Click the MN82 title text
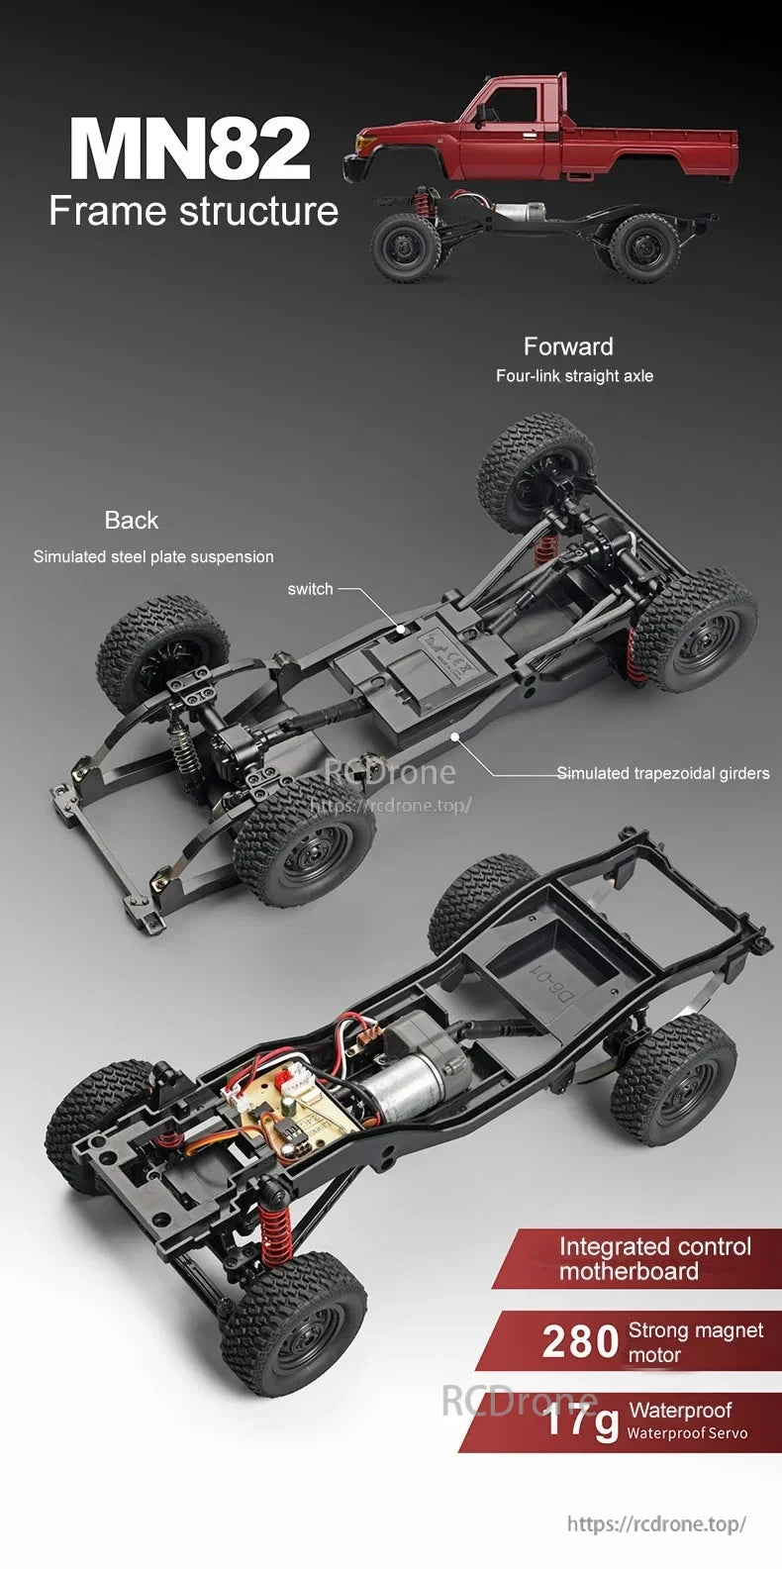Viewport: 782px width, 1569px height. pyautogui.click(x=190, y=148)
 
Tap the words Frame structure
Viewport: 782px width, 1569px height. pyautogui.click(x=194, y=211)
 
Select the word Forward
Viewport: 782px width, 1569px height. pyautogui.click(x=568, y=346)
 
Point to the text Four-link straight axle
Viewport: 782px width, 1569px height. pyautogui.click(x=574, y=376)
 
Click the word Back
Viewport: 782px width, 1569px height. pyautogui.click(x=132, y=520)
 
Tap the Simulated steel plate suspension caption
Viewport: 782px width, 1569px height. pyautogui.click(x=153, y=556)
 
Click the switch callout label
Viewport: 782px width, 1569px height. pyautogui.click(x=310, y=589)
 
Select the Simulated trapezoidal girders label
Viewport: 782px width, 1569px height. pyautogui.click(x=662, y=773)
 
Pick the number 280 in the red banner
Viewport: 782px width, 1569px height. pyautogui.click(x=581, y=1342)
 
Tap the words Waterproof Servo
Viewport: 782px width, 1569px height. pyautogui.click(x=687, y=1433)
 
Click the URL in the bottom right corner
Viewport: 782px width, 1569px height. pyautogui.click(x=656, y=1524)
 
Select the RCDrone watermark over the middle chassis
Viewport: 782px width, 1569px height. pyautogui.click(x=390, y=772)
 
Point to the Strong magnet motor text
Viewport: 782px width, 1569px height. pyautogui.click(x=695, y=1342)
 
